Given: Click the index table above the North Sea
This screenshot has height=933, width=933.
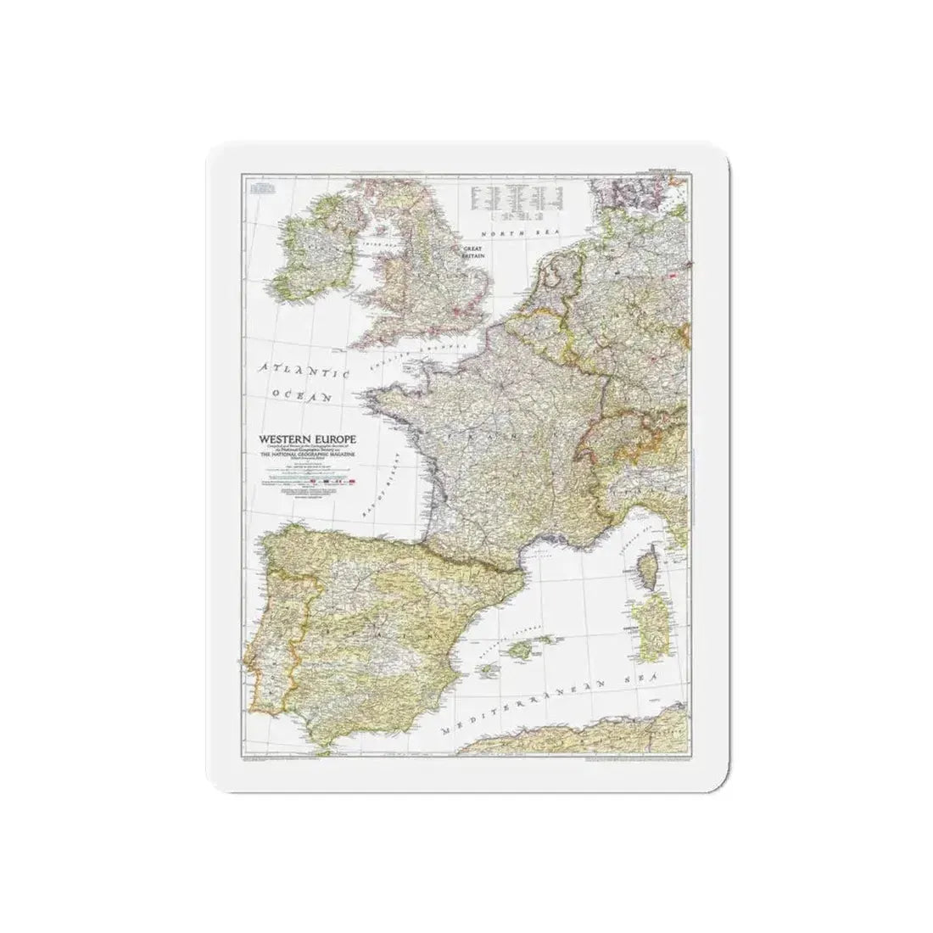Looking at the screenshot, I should (x=518, y=198).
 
